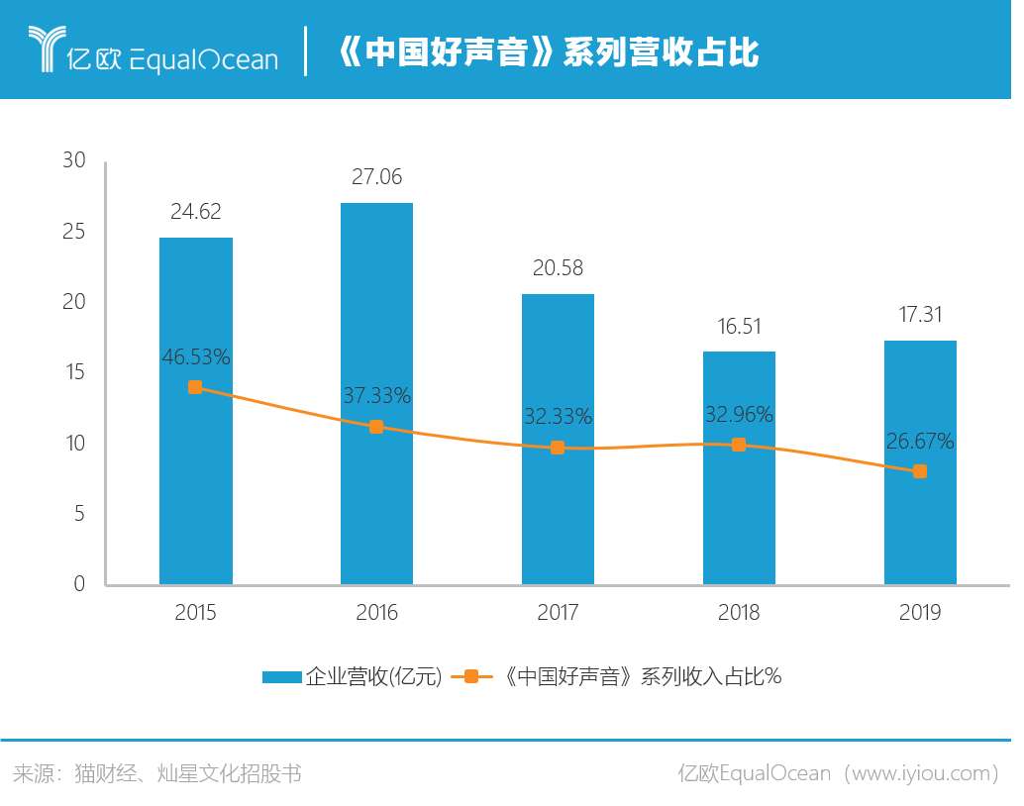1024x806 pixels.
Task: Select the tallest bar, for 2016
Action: coord(376,495)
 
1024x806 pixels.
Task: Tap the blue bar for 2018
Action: coord(739,515)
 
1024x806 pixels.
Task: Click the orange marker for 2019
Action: coord(920,471)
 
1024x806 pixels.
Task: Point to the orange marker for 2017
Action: coord(558,448)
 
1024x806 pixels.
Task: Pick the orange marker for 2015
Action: coord(195,387)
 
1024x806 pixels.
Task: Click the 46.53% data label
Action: coord(196,357)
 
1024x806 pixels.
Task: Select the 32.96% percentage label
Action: coord(739,414)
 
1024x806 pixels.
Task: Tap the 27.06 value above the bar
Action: coord(376,177)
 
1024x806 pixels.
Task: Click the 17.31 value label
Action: coord(920,315)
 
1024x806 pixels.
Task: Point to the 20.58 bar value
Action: coord(558,268)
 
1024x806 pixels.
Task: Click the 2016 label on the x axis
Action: coord(376,613)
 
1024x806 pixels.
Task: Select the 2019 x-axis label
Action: coord(920,613)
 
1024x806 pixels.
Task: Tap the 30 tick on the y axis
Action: coord(74,160)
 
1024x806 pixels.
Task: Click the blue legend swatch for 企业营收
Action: coord(281,677)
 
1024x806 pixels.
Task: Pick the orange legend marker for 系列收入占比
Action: coord(471,677)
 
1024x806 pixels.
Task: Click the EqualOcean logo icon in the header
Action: coord(46,49)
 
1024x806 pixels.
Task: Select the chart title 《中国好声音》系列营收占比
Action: coord(548,52)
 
